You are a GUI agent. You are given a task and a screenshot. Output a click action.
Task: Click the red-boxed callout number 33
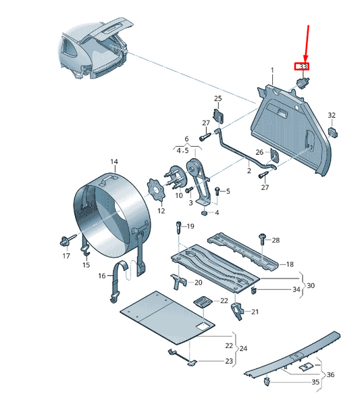[x=301, y=66]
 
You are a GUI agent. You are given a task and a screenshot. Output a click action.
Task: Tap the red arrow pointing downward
[x=307, y=42]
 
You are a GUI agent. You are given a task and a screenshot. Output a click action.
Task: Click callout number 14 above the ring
[x=114, y=162]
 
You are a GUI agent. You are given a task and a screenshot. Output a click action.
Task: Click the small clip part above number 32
[x=332, y=130]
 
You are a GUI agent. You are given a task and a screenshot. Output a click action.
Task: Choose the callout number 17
[x=66, y=256]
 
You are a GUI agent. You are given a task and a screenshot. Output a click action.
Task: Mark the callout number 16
[x=102, y=276]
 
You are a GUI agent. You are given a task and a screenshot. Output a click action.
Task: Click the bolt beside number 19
[x=178, y=227]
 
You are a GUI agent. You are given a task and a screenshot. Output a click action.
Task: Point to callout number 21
[x=255, y=312]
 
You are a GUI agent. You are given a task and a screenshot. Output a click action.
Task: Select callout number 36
[x=330, y=375]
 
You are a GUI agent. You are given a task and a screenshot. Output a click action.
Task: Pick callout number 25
[x=217, y=99]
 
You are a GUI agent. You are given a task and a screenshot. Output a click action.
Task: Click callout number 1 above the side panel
[x=273, y=71]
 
